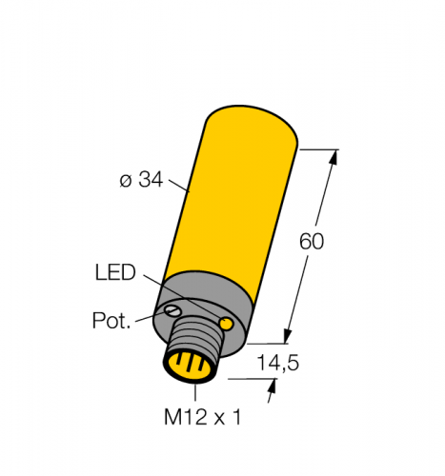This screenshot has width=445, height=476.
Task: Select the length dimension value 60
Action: (x=312, y=241)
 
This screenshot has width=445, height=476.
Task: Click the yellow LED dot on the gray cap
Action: (x=227, y=326)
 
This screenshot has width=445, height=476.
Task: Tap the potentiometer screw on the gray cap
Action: (x=173, y=311)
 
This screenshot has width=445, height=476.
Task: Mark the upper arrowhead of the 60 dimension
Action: (x=334, y=157)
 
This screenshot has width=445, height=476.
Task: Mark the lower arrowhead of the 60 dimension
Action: (x=287, y=335)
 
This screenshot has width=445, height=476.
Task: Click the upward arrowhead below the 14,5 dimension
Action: (x=275, y=386)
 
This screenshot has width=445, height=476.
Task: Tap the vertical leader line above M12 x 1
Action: (x=196, y=391)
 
